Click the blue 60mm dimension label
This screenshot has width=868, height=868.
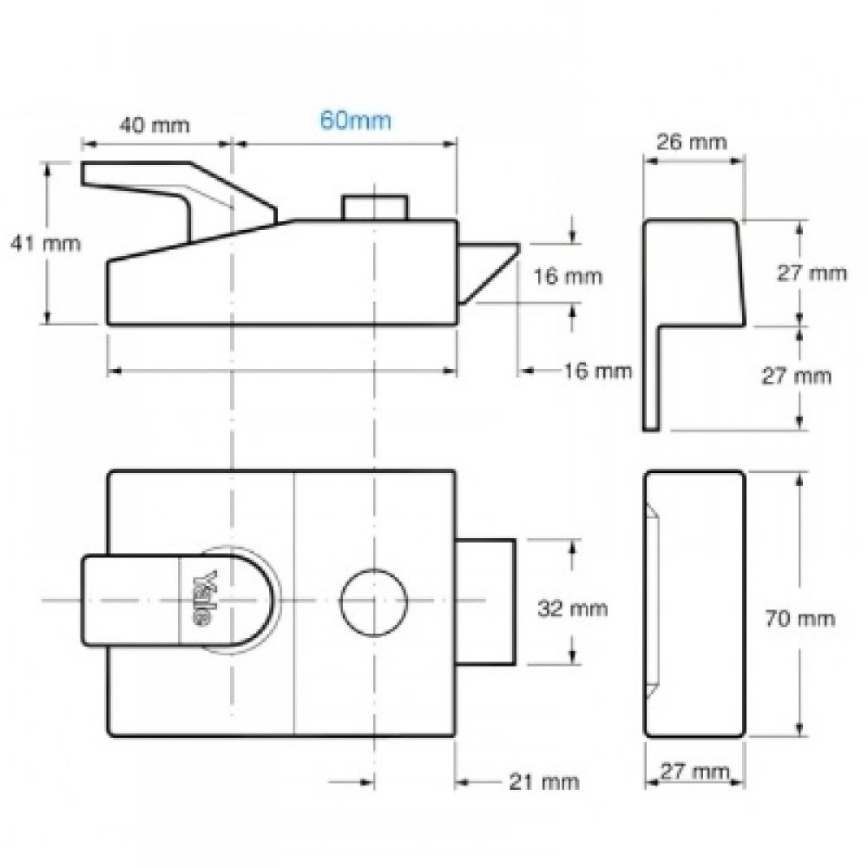click(356, 120)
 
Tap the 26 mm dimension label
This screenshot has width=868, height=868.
click(693, 141)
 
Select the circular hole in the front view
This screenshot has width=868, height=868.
click(373, 601)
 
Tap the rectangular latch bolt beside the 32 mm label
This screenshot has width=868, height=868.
click(486, 601)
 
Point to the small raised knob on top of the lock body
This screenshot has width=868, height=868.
click(375, 207)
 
